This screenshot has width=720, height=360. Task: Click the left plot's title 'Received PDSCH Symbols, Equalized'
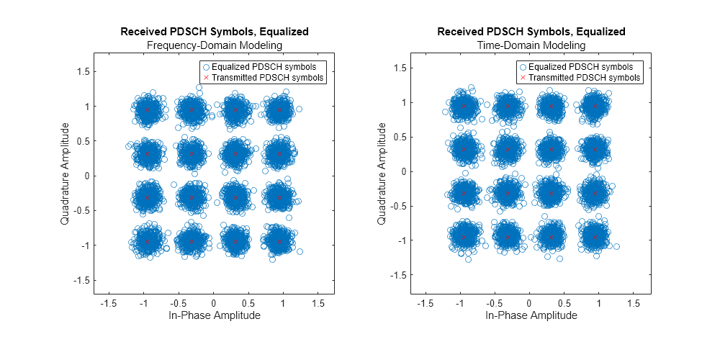click(214, 32)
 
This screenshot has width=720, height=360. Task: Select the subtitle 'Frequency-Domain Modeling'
click(214, 45)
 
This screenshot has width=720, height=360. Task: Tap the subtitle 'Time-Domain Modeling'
click(531, 45)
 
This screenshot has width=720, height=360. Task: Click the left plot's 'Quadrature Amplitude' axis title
click(65, 173)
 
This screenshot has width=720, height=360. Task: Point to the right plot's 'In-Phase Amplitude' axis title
click(531, 315)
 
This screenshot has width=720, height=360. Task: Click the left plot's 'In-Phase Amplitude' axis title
click(214, 315)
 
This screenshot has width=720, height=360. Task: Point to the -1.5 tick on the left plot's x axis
click(109, 304)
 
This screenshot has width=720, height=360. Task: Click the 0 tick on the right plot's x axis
click(529, 304)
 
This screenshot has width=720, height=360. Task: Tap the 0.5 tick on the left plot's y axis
click(81, 141)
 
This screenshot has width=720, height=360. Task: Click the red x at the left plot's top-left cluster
click(148, 109)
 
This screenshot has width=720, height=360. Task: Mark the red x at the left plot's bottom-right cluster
click(280, 241)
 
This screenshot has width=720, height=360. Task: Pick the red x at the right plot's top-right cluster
click(595, 106)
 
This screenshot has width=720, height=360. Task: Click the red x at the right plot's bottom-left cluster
click(464, 237)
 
